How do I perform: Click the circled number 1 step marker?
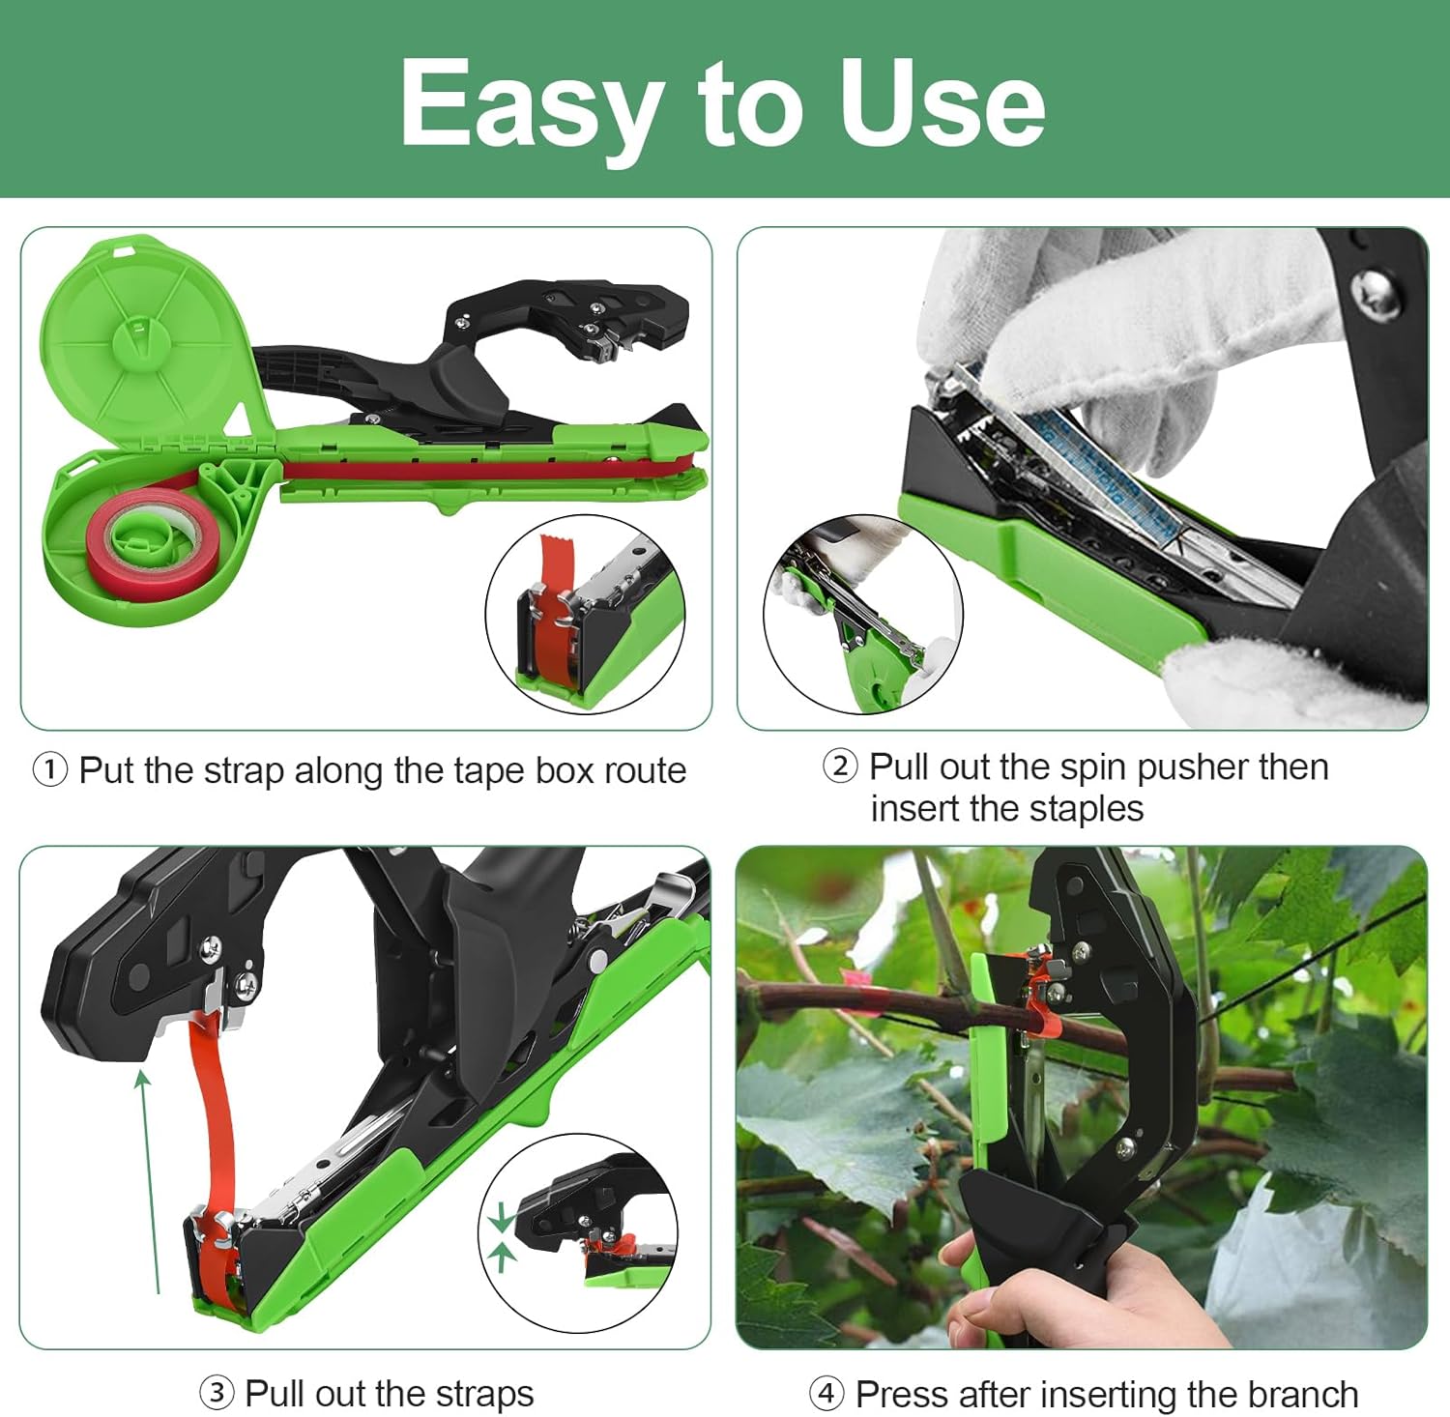tap(50, 770)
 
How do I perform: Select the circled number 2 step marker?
tap(839, 766)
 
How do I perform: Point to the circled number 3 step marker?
tap(217, 1393)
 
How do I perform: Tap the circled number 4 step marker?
tap(826, 1394)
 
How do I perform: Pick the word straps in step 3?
tap(484, 1393)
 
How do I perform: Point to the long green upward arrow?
tap(150, 1179)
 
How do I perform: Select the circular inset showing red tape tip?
tap(585, 614)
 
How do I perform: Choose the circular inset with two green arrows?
tap(578, 1232)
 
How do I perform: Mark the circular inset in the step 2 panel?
tap(863, 615)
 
